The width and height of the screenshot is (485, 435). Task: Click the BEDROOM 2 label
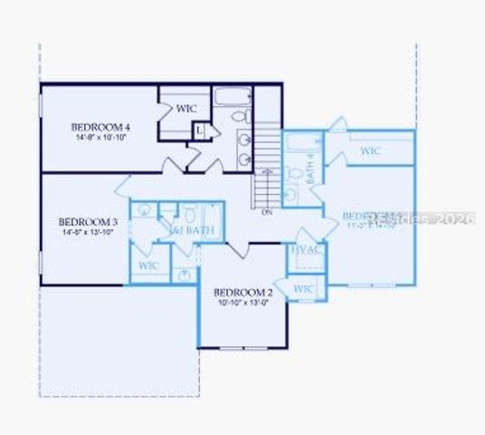coord(242,292)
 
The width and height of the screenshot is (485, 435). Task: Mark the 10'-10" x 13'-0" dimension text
coord(242,303)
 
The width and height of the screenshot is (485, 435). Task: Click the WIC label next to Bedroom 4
coord(186,109)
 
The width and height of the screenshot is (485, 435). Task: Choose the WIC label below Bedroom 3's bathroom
coord(149,266)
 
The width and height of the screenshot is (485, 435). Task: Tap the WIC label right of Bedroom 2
coord(304,288)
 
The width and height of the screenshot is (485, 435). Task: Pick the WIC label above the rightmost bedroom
coord(370,150)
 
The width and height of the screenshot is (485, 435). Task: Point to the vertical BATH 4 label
coord(310,169)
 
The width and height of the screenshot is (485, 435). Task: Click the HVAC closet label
coord(301,250)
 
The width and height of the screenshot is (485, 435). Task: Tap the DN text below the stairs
coord(266,212)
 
